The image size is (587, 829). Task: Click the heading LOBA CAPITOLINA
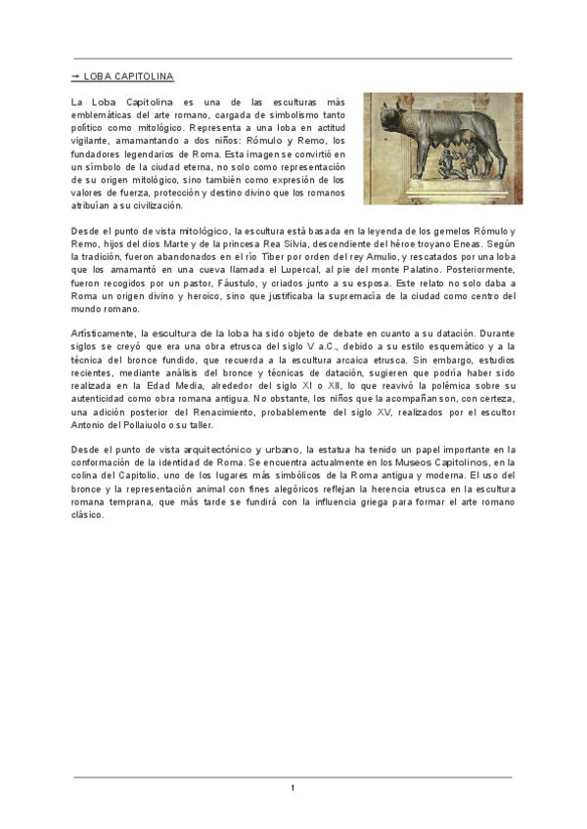point(128,75)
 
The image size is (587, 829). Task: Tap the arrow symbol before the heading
point(75,75)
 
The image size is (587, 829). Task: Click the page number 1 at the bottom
point(293,788)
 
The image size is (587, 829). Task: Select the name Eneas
point(474,243)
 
